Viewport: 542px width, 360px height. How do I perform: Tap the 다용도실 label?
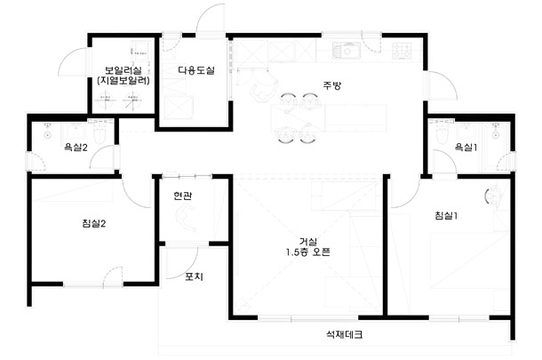(196, 70)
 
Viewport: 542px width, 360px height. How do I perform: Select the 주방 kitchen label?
(331, 85)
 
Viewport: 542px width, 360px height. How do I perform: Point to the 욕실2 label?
(76, 148)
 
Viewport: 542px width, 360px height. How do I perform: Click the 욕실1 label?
(466, 148)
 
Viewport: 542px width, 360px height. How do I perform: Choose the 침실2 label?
(94, 223)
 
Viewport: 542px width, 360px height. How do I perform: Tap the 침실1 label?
(446, 216)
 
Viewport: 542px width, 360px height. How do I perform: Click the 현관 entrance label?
(183, 196)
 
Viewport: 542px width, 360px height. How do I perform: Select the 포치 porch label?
(194, 276)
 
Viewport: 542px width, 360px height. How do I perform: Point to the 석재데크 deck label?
(345, 334)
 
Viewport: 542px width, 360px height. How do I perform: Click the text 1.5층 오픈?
(307, 252)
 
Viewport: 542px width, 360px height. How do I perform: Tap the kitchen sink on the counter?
(347, 51)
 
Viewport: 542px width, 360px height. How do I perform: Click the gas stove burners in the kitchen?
(403, 51)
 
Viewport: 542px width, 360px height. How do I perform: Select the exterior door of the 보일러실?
(74, 61)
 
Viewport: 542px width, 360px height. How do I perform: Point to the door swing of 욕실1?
(444, 161)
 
